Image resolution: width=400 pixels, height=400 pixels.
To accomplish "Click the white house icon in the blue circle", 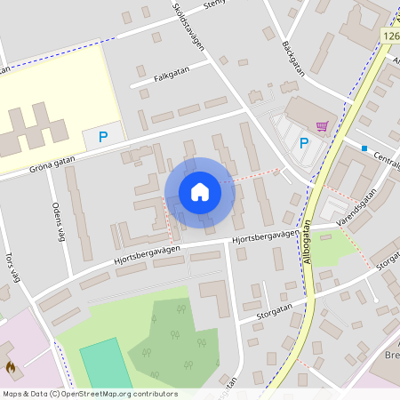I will pos(199,192).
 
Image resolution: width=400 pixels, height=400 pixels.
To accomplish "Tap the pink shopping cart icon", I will pos(321,126).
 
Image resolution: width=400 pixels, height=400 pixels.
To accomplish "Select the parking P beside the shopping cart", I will pos(304,143).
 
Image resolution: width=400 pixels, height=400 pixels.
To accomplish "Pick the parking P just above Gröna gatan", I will pos(103,137).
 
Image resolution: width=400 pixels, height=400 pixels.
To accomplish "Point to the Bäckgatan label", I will pos(293,58).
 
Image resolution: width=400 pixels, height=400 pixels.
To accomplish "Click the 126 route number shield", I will pos(391,35).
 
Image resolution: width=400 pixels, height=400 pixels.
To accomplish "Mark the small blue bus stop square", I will pos(364,148).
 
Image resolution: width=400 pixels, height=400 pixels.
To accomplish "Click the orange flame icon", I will pos(11,365).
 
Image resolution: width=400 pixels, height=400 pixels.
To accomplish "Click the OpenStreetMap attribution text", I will pos(89,394).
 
